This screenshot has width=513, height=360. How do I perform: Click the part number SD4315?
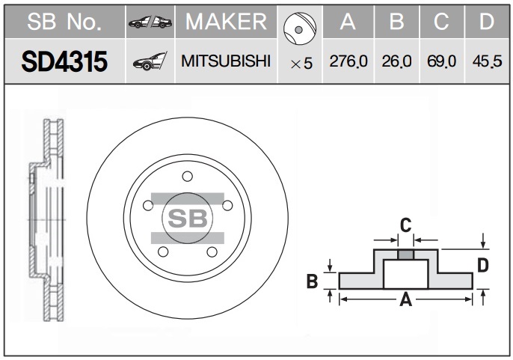coord(65,62)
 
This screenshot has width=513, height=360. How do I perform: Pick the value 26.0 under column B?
coord(396,62)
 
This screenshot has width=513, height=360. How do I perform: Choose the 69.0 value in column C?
coord(441,62)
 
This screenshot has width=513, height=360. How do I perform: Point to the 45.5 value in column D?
coord(487,62)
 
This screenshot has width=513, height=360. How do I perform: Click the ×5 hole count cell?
coord(301,64)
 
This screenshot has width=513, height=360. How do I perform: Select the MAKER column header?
coord(226,22)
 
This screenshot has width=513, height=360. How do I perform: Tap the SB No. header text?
coord(64,22)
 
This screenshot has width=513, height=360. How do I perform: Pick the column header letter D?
coord(487,22)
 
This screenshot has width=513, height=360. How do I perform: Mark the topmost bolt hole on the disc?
coord(187,177)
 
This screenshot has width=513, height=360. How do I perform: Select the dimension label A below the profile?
coord(406,300)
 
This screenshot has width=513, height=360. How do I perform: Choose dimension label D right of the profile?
coord(483,264)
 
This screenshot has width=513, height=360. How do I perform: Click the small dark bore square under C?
coord(405,254)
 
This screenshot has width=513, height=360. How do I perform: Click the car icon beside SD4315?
coord(150,62)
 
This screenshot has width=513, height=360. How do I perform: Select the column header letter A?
coord(347,22)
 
